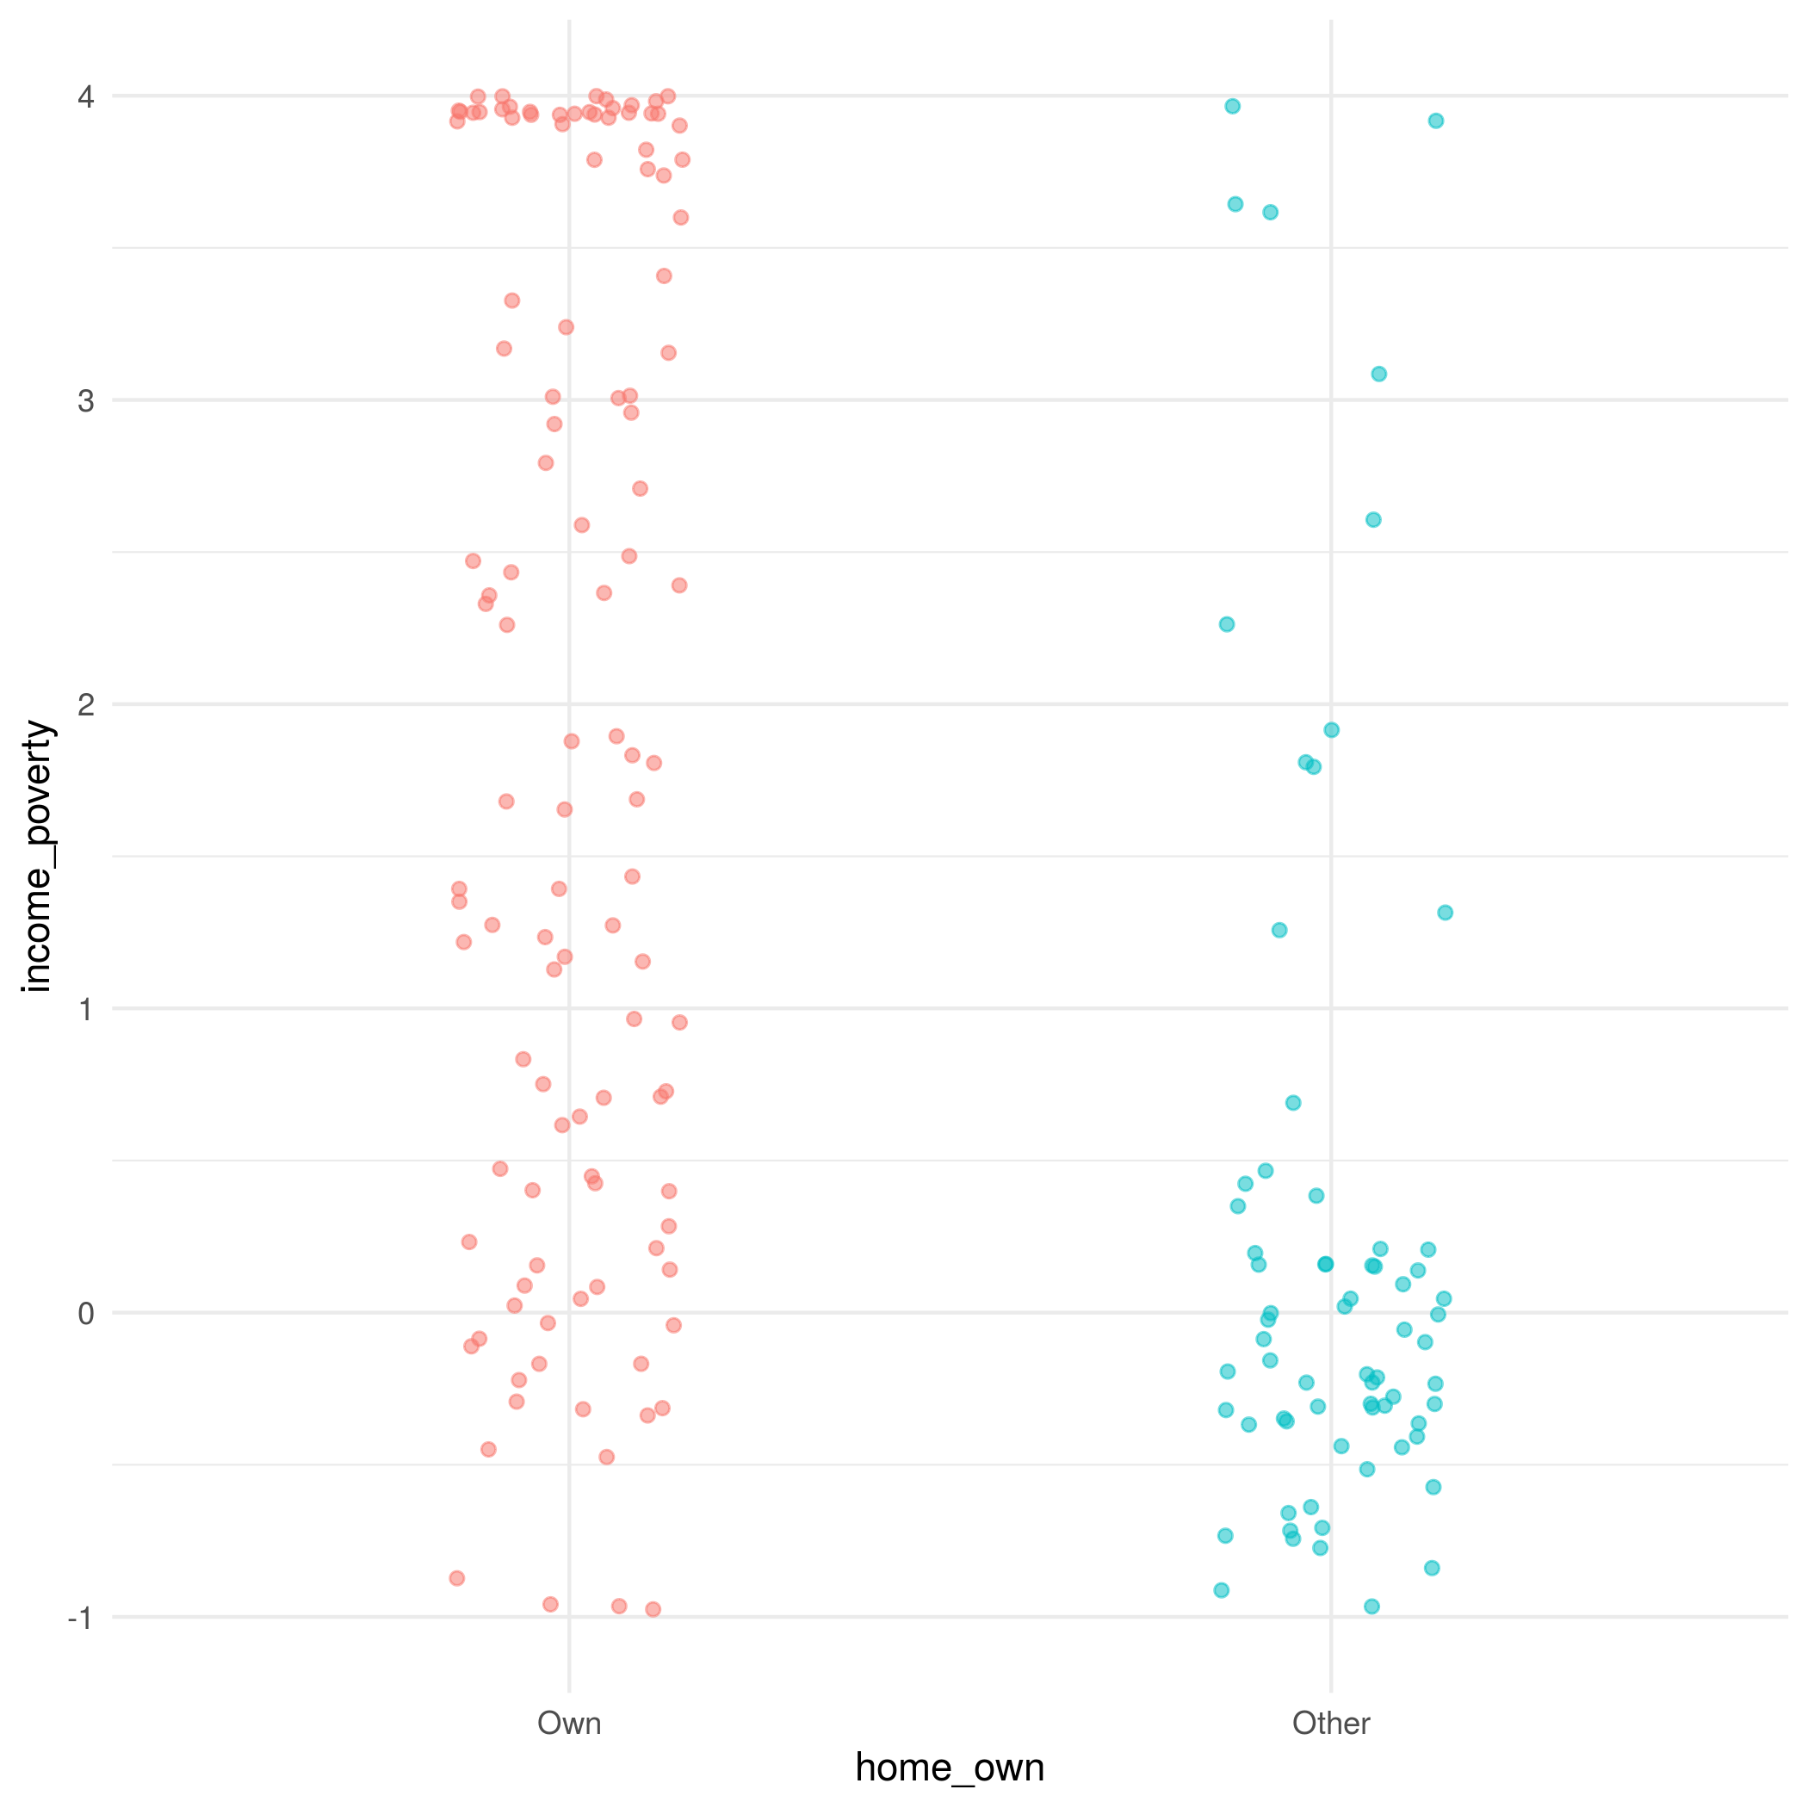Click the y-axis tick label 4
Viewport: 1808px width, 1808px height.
pos(86,96)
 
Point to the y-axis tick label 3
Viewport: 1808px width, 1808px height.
pos(86,400)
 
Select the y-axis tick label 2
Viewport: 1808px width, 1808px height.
pos(86,703)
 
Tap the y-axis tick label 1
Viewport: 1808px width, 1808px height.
pos(86,1009)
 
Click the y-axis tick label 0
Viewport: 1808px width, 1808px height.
pos(86,1313)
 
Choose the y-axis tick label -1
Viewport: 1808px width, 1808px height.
pos(80,1617)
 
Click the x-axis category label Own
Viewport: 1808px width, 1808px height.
pos(569,1723)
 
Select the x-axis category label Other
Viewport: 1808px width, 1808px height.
pos(1331,1723)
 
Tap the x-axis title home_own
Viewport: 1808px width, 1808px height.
pos(949,1768)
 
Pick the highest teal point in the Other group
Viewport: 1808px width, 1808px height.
pos(1233,107)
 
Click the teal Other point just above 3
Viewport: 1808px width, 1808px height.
pos(1378,375)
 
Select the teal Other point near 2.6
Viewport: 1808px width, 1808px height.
pos(1373,520)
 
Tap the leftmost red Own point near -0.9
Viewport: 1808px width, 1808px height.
pos(456,1579)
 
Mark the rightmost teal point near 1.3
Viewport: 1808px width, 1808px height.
pos(1445,913)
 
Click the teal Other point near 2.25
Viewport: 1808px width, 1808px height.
pos(1226,624)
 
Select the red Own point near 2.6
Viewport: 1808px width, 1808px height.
pos(581,525)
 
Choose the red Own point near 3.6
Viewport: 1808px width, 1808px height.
pos(680,218)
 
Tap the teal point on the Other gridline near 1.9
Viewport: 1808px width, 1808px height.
pos(1331,730)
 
